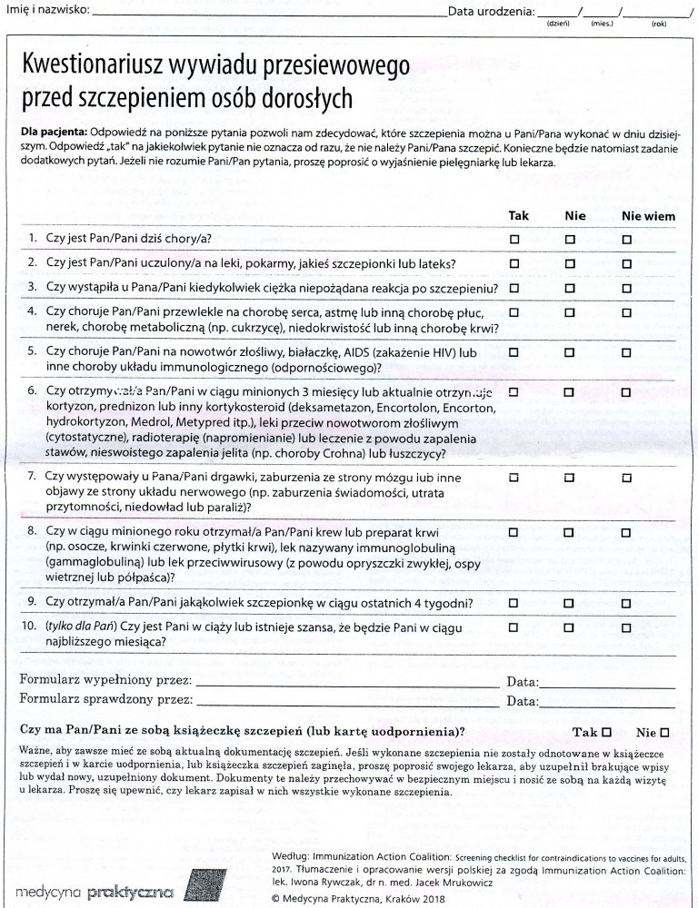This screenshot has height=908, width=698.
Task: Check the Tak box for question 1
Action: point(514,240)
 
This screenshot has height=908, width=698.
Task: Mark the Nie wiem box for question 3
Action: point(626,288)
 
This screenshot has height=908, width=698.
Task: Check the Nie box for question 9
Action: point(570,602)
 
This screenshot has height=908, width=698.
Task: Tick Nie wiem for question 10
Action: point(626,627)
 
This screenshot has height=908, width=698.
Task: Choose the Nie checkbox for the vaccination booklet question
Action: point(664,732)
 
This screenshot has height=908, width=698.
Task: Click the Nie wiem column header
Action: point(648,217)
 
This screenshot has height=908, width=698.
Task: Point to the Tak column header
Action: point(518,217)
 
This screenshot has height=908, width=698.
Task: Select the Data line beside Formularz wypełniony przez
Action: point(607,684)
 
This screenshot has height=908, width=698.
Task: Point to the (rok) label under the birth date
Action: point(659,25)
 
